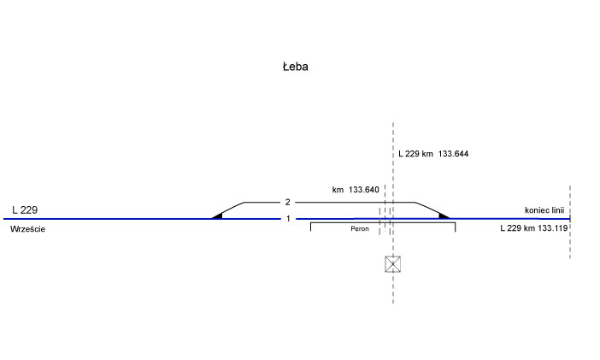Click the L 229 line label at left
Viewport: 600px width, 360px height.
[25, 210]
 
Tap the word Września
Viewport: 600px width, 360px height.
[27, 230]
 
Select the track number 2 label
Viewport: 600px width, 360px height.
[288, 203]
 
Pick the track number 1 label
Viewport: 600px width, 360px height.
[288, 219]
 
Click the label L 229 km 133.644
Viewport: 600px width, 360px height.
[433, 154]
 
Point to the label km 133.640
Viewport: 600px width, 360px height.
[355, 189]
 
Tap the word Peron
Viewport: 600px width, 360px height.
[360, 230]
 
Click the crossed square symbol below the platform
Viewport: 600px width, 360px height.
[392, 264]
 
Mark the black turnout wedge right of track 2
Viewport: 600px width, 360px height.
[444, 215]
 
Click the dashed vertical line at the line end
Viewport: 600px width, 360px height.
[569, 244]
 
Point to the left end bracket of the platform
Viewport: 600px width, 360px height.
[310, 227]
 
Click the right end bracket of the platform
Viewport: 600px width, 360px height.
[455, 227]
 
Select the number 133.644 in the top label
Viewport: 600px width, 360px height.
[453, 154]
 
